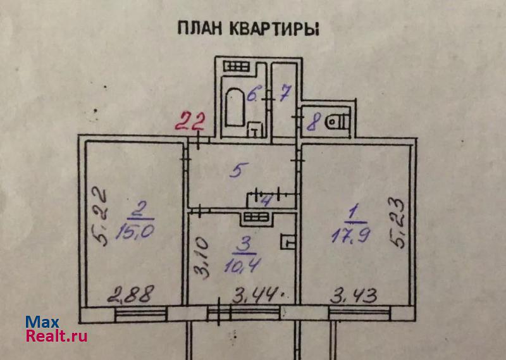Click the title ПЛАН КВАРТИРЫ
(x=248, y=28)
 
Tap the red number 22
(x=190, y=121)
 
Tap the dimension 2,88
(x=130, y=294)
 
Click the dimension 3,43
(x=354, y=295)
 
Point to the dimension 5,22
(x=100, y=217)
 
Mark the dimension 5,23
(x=397, y=223)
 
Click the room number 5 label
(x=239, y=170)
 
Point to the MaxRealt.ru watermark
(x=56, y=329)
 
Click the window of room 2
(x=140, y=314)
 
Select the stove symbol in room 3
(x=256, y=216)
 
